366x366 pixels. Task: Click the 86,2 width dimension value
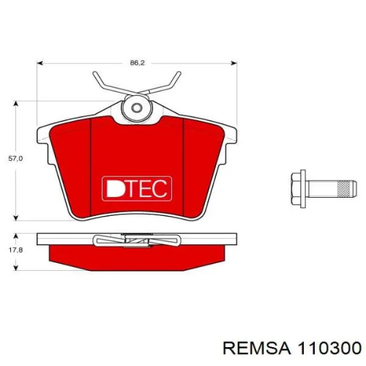pyautogui.click(x=137, y=63)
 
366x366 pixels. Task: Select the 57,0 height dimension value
pyautogui.click(x=15, y=159)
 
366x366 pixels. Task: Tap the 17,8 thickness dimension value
pyautogui.click(x=15, y=250)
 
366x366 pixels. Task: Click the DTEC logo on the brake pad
pyautogui.click(x=137, y=188)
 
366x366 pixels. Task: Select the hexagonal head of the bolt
pyautogui.click(x=296, y=189)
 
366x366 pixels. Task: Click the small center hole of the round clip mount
pyautogui.click(x=137, y=108)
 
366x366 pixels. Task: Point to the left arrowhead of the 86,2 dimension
pyautogui.click(x=40, y=63)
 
